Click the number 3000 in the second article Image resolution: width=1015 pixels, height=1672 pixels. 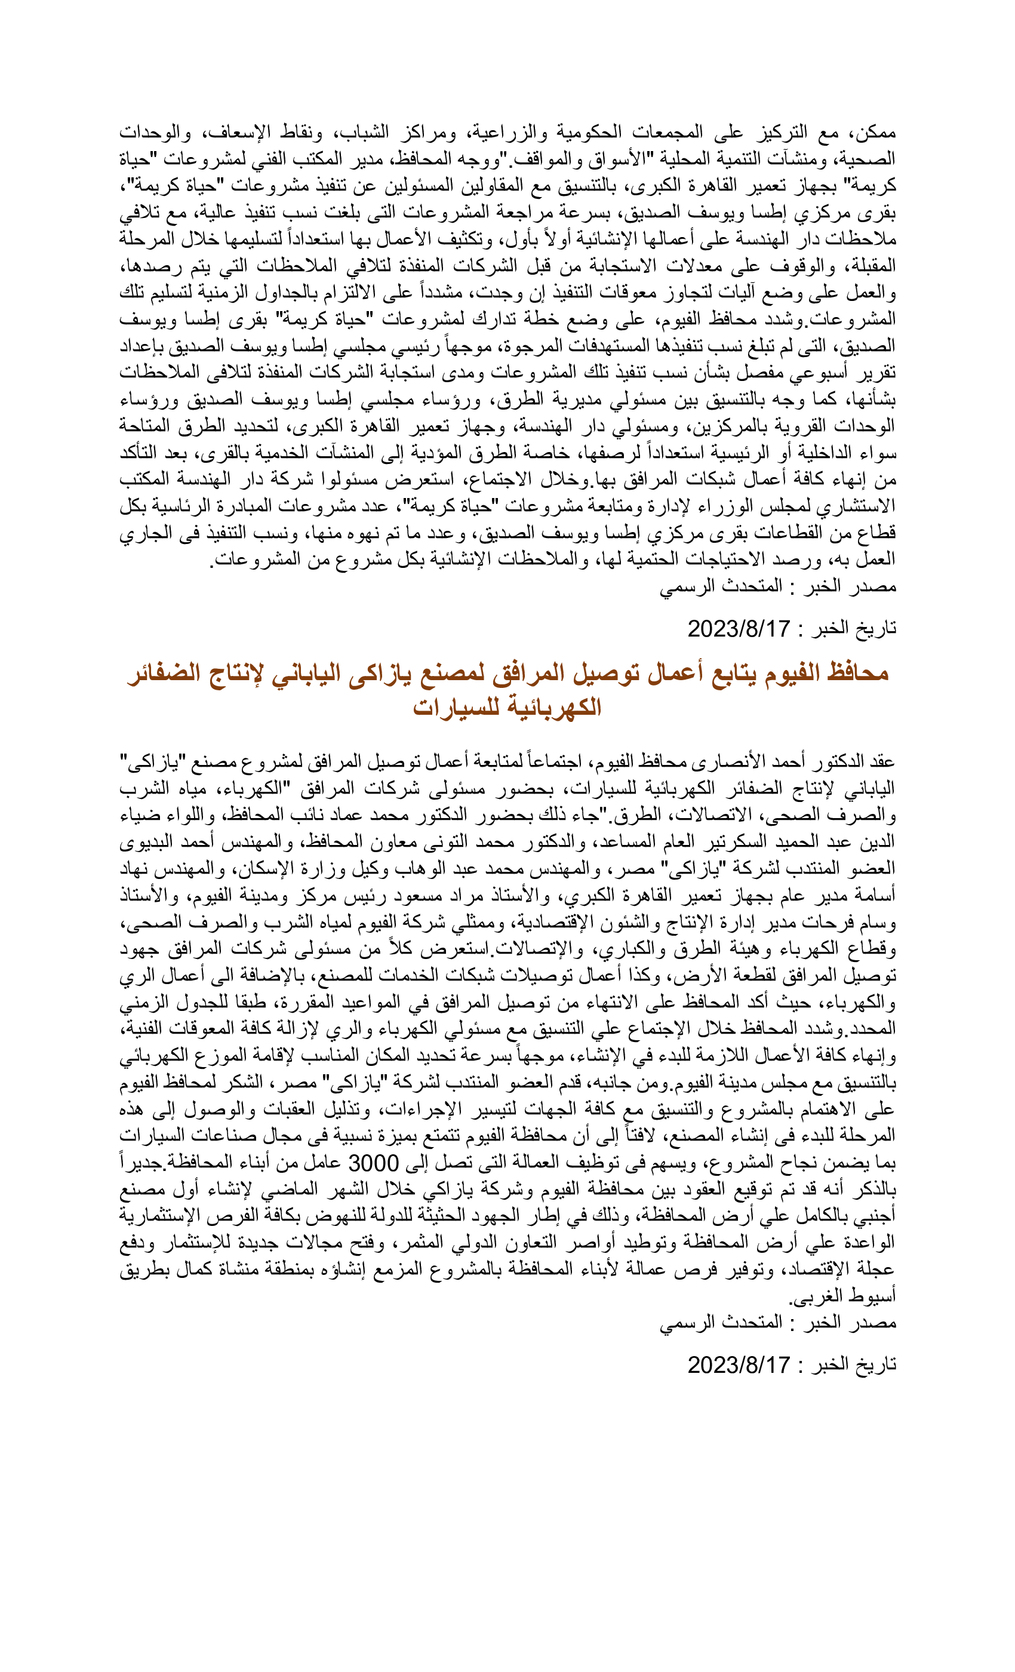pyautogui.click(x=373, y=1163)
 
